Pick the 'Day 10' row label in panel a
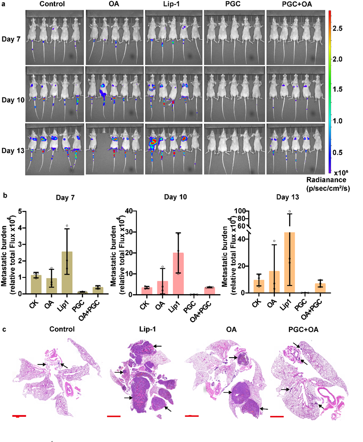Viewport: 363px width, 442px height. (x=13, y=100)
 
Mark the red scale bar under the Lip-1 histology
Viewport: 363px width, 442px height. (x=113, y=416)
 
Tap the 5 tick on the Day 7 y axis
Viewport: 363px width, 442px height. (x=22, y=211)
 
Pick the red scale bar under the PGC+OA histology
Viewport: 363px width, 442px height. (x=277, y=416)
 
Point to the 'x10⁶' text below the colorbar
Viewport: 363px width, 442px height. (x=343, y=171)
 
